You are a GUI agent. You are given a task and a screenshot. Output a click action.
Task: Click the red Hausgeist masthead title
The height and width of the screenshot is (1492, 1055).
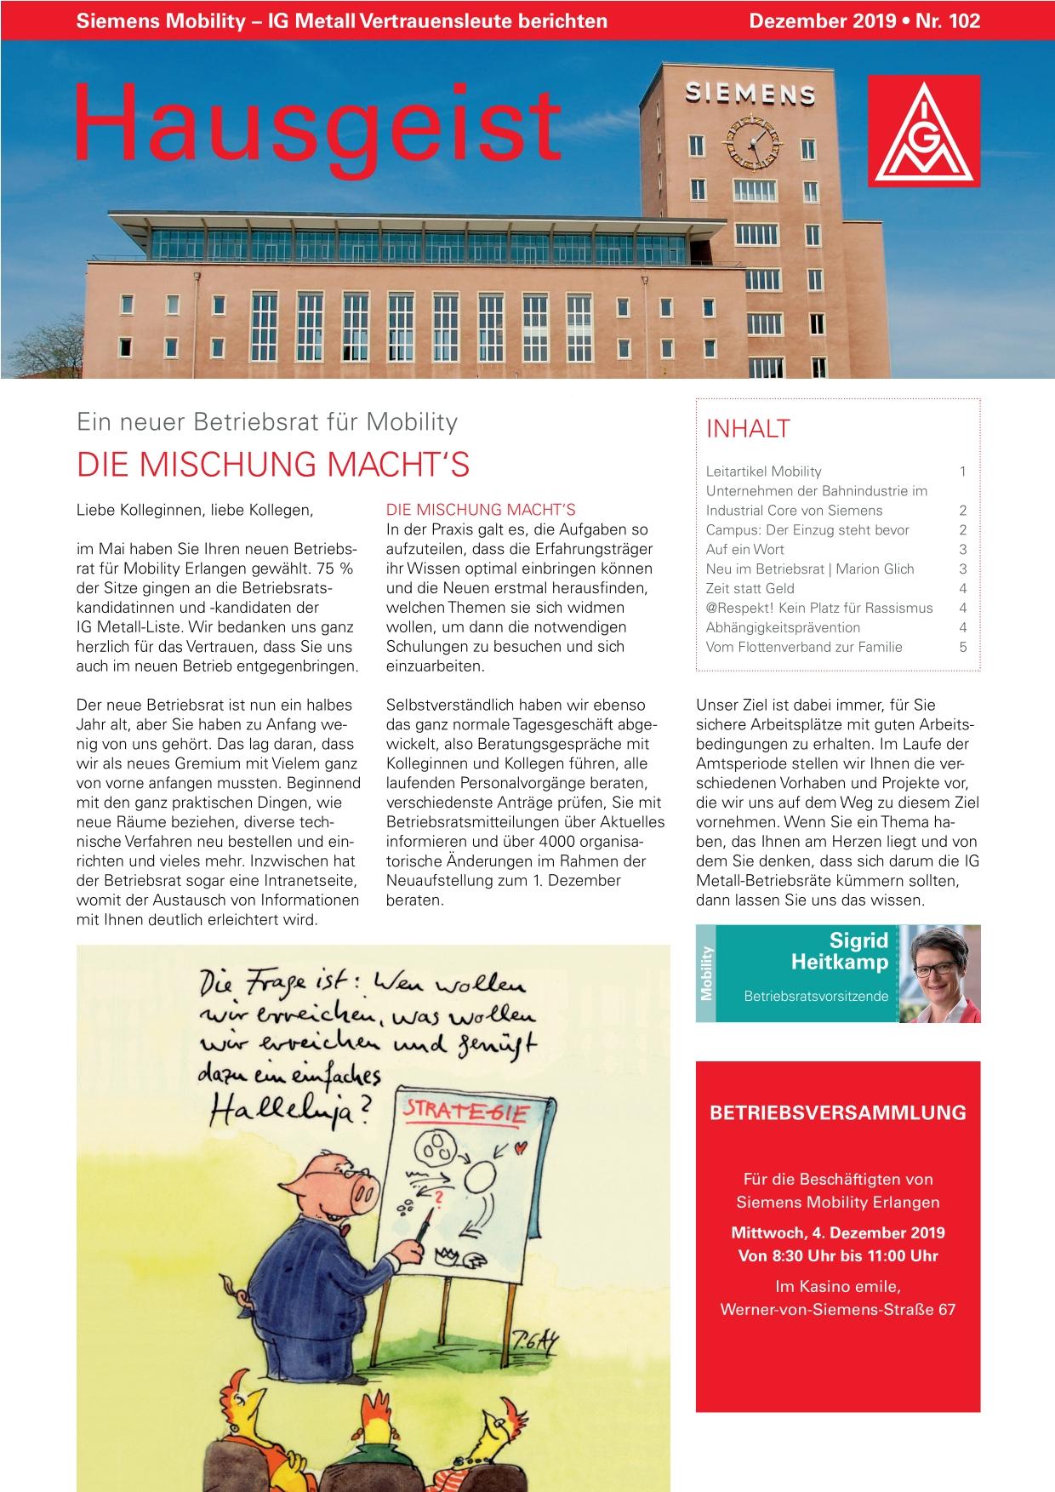click(317, 123)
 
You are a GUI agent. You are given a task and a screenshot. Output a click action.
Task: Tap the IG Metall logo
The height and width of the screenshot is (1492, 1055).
click(923, 130)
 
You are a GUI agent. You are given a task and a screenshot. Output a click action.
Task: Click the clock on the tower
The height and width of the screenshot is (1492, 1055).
click(751, 140)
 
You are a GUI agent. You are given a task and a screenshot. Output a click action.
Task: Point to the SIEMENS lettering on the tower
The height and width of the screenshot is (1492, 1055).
click(750, 92)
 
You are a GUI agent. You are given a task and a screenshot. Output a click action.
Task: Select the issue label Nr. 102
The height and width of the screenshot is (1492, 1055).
click(948, 21)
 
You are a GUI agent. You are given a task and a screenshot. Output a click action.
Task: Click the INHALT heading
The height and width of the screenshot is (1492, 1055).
click(748, 429)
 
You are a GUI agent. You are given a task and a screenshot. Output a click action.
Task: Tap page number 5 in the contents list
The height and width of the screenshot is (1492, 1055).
click(962, 647)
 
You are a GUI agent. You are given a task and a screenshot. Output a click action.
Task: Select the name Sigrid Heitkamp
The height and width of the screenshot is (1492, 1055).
click(839, 952)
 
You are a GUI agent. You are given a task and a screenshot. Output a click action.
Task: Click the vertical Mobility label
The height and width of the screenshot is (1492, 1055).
click(705, 974)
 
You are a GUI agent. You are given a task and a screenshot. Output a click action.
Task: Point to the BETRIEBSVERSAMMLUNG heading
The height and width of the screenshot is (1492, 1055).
click(837, 1112)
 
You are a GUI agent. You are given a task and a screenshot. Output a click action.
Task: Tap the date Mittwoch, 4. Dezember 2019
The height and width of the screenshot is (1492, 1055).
click(837, 1232)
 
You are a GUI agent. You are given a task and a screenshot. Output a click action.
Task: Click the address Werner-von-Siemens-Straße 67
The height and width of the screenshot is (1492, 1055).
click(837, 1309)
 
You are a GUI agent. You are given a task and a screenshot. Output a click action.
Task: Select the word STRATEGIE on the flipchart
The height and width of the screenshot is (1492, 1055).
click(465, 1113)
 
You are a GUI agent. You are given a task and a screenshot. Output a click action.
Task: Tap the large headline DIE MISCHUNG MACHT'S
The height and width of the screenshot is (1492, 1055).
click(273, 466)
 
